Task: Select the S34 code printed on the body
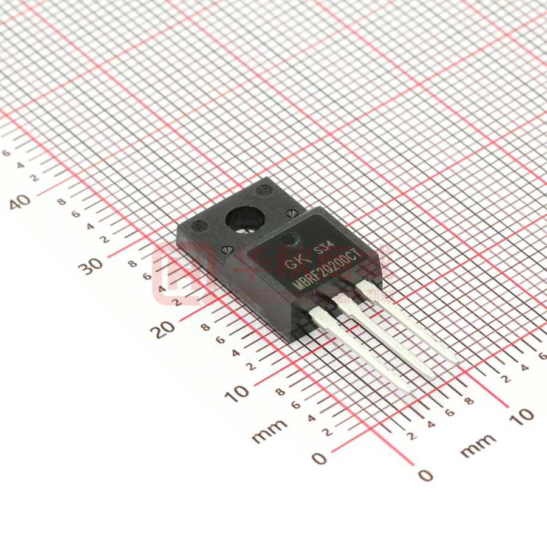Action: [323, 248]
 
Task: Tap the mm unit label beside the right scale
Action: [478, 446]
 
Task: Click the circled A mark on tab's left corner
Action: [199, 225]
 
